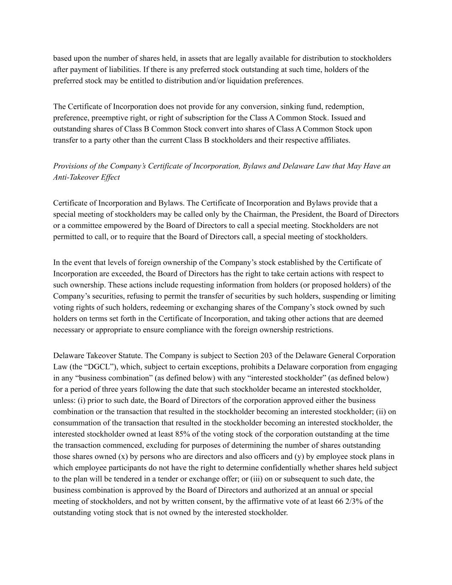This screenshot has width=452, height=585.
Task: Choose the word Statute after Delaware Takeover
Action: pyautogui.click(x=131, y=356)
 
